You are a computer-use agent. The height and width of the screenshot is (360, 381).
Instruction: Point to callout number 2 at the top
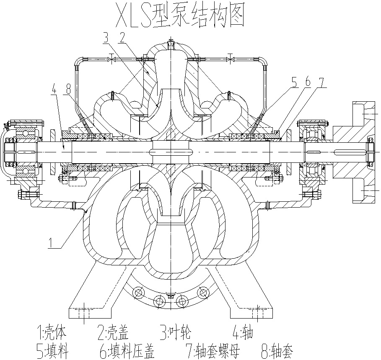pyautogui.click(x=122, y=38)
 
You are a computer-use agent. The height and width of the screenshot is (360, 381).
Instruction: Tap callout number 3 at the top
pyautogui.click(x=106, y=38)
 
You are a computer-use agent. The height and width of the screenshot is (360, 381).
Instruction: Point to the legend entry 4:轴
pyautogui.click(x=243, y=333)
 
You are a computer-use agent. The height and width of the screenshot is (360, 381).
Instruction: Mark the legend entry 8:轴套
pyautogui.click(x=277, y=350)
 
